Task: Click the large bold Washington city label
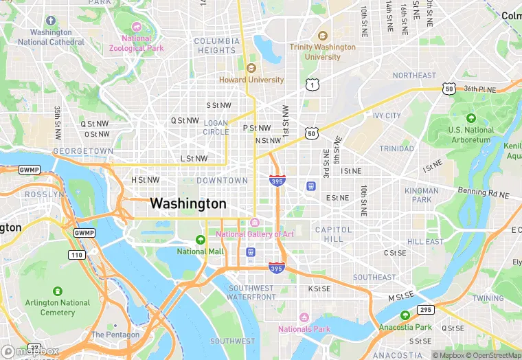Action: point(188,203)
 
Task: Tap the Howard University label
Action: point(251,80)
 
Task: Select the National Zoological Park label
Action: point(136,43)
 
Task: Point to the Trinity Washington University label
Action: point(323,52)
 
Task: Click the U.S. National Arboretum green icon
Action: point(470,118)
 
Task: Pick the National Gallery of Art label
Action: point(255,234)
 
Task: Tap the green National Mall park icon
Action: point(201,240)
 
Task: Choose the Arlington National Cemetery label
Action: point(58,307)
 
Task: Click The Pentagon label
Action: point(115,335)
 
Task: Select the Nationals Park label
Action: point(304,328)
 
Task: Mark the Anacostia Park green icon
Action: point(405,315)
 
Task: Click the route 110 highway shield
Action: point(77,255)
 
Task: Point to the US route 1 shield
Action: point(313,85)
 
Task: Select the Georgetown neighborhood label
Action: point(83,150)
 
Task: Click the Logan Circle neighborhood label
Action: point(216,127)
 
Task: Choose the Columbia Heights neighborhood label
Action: point(217,45)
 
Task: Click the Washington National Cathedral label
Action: point(51,37)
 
